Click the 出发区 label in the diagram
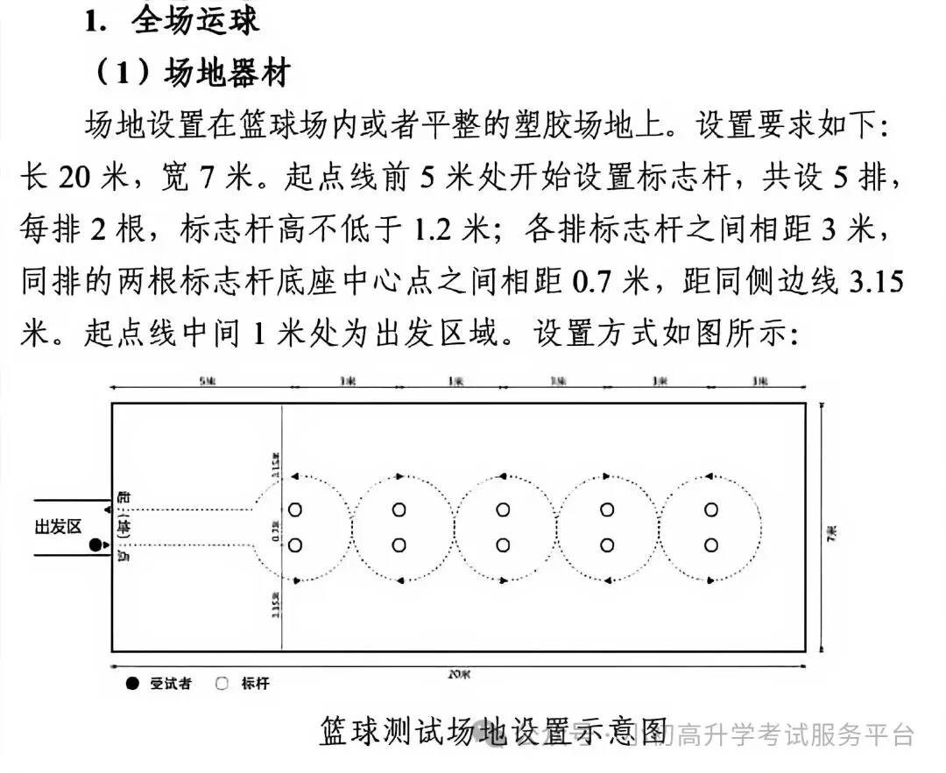click(58, 526)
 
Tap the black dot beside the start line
click(95, 546)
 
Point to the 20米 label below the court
click(459, 674)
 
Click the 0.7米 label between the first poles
click(277, 528)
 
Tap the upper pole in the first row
click(295, 509)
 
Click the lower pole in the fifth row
click(710, 545)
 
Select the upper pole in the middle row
click(503, 509)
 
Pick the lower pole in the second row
click(399, 545)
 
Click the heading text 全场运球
click(196, 20)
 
